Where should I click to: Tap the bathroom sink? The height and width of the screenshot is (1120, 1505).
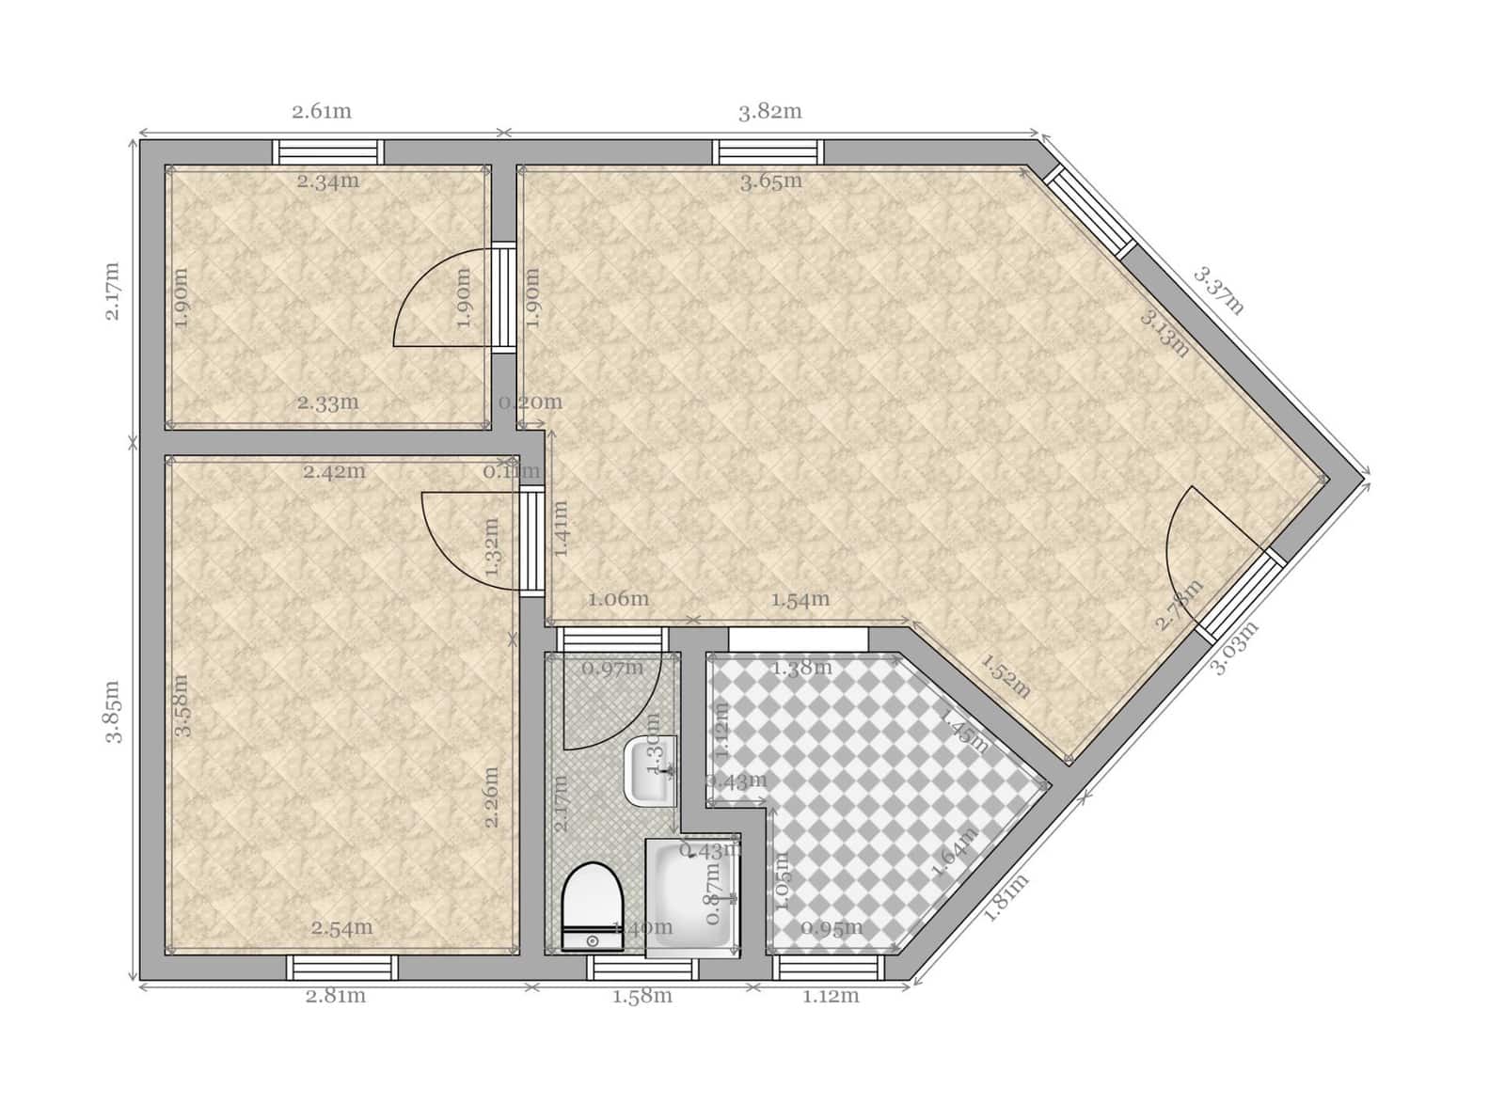pos(650,770)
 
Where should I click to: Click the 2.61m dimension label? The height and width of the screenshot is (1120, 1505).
pos(322,112)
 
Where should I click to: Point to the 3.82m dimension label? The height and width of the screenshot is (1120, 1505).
pos(769,112)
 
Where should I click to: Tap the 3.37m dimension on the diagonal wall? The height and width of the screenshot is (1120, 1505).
pos(1219,291)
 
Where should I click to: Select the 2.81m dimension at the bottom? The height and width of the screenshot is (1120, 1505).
pos(336,996)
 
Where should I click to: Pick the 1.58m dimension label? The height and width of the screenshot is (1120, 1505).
pos(642,996)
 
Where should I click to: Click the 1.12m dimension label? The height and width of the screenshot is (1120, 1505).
pos(831,996)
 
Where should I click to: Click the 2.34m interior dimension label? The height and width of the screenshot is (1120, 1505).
pos(328,181)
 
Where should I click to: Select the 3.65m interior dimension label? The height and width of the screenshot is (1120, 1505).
pos(771,181)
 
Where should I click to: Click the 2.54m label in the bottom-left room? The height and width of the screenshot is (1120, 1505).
pos(342,928)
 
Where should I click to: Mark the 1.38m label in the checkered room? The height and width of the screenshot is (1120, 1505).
pos(801,669)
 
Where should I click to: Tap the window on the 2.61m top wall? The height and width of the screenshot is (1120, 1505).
pos(328,151)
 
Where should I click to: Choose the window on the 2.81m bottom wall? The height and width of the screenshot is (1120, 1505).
pos(342,968)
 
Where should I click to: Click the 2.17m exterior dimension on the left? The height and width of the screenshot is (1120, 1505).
pos(113,292)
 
